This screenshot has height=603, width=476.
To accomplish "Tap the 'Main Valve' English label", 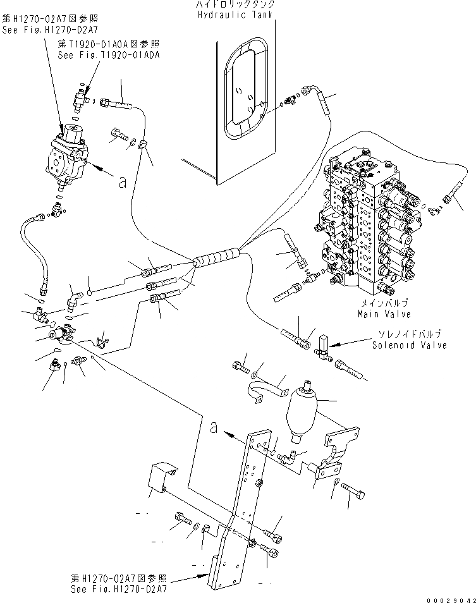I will click(x=384, y=314).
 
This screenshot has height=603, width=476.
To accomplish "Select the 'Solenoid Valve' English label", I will click(x=409, y=345).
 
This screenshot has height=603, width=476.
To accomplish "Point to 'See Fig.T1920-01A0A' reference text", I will click(x=108, y=55).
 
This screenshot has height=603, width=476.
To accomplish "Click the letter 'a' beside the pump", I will click(x=122, y=182).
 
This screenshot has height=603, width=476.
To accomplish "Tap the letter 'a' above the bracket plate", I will click(x=214, y=429).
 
